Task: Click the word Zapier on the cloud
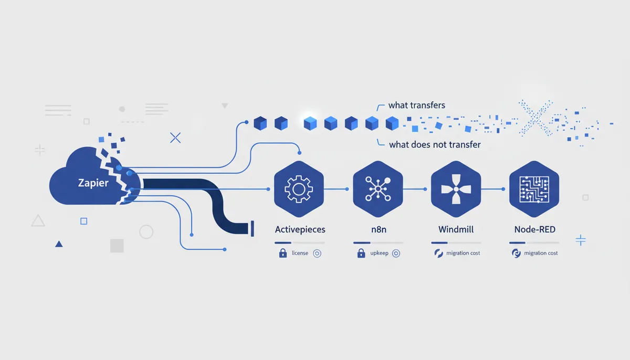coord(93,183)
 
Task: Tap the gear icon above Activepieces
coord(299,189)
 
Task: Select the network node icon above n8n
coord(377,189)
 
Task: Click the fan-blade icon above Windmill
coord(456,189)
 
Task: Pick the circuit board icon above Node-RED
coord(534,189)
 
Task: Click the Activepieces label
coord(300,230)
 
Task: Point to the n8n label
coord(379,230)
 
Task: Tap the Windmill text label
coord(456,229)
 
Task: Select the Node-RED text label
coord(534,229)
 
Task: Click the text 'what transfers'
coord(417,105)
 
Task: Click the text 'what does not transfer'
coord(435,144)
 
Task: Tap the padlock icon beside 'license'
coord(283,253)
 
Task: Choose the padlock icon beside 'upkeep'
coord(361,253)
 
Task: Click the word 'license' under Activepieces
coord(300,253)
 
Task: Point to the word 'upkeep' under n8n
coord(379,253)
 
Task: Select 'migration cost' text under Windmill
coord(463,253)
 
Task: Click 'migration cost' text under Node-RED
coord(541,253)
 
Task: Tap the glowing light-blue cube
coord(310,123)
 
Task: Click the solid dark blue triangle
coord(59,243)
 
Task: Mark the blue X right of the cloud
coord(175,137)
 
